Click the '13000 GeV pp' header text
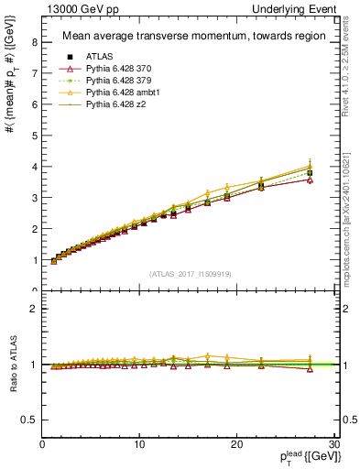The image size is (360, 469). click(77, 8)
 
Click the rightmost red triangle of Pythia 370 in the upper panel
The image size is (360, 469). click(310, 180)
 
